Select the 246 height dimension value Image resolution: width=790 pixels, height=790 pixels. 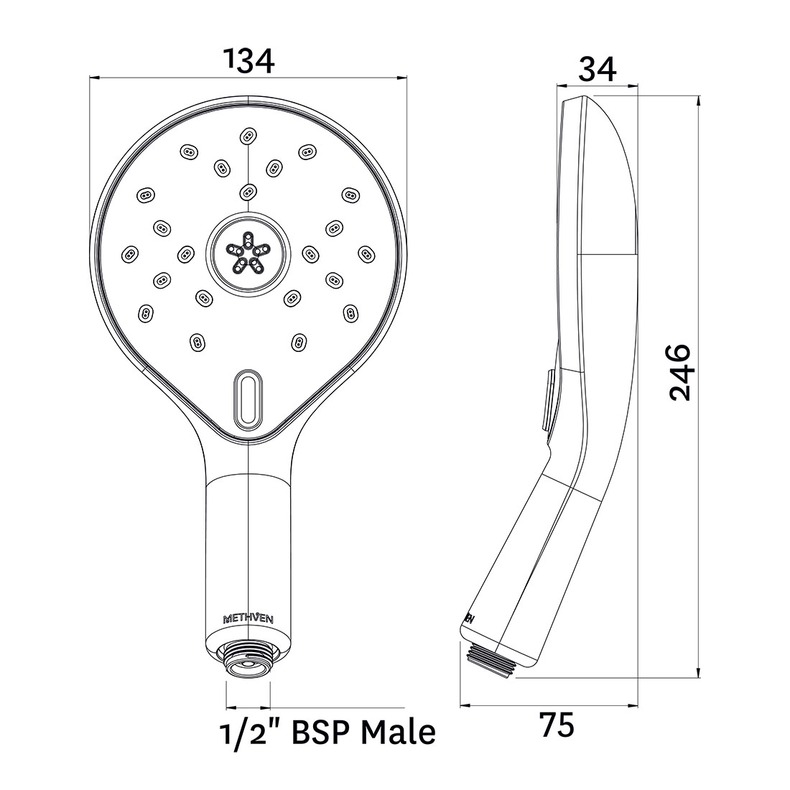[679, 372]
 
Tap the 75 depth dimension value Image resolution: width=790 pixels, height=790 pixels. [557, 726]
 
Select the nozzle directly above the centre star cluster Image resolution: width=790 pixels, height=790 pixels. [248, 190]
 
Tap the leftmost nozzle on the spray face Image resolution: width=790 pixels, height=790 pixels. [130, 252]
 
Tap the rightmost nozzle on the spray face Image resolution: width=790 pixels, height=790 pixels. [366, 252]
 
